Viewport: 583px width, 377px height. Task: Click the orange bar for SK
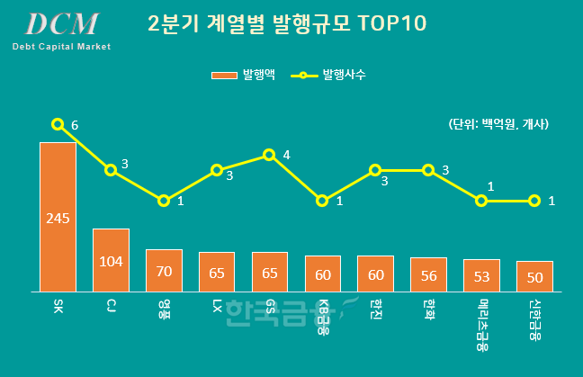(x=58, y=216)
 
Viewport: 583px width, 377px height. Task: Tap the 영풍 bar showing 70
(x=164, y=270)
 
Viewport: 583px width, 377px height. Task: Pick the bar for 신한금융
(x=534, y=275)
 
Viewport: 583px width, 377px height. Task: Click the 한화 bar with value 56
(x=428, y=274)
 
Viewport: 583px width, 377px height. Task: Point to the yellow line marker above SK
(x=58, y=124)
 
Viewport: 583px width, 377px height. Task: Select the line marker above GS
(x=269, y=155)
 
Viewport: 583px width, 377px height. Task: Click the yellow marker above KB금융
(x=322, y=201)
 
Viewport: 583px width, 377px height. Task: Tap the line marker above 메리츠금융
(x=481, y=201)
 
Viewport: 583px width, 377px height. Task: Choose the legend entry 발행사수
(x=328, y=76)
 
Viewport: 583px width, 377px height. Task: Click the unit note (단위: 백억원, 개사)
(x=497, y=124)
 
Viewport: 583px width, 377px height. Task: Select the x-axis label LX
(x=217, y=307)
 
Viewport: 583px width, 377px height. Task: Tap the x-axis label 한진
(x=375, y=309)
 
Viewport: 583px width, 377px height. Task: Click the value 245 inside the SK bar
(x=58, y=218)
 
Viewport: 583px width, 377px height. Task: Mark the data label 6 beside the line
(x=75, y=125)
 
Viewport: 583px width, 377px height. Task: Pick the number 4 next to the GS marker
(x=286, y=155)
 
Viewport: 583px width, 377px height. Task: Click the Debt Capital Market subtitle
(x=61, y=46)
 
